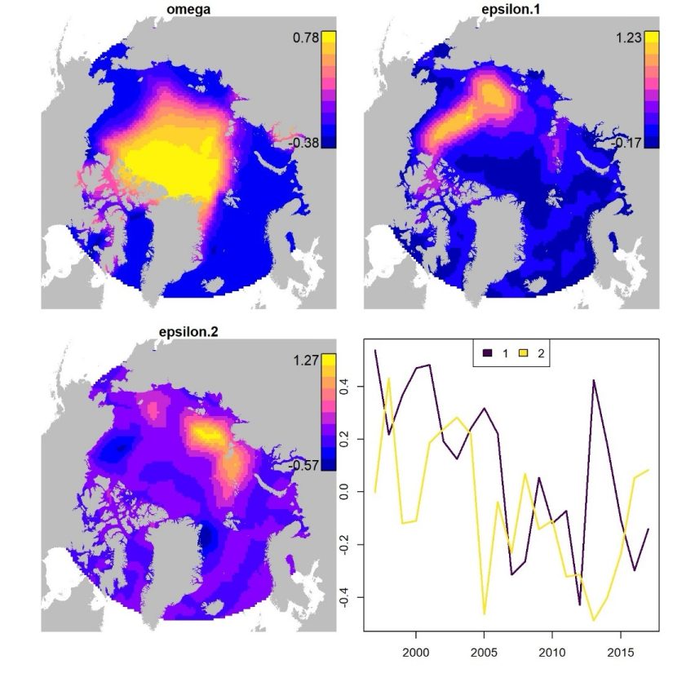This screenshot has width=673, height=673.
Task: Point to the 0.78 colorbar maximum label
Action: point(307,38)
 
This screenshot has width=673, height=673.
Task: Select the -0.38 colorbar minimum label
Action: point(304,142)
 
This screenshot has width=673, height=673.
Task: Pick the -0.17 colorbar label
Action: point(627,142)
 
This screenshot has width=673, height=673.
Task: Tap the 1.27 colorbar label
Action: point(307,360)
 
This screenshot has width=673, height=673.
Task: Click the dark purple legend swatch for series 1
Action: point(486,353)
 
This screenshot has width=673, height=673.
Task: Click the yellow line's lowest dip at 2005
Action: point(484,613)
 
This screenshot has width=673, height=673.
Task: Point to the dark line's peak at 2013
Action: point(594,380)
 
